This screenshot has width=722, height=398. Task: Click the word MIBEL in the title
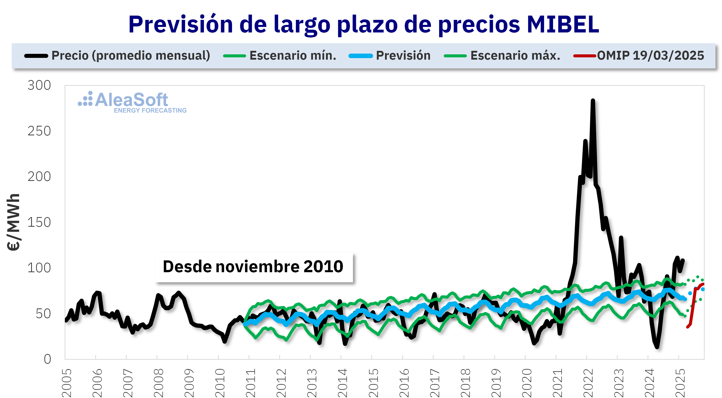(563, 25)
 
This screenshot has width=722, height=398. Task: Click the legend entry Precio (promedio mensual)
(131, 56)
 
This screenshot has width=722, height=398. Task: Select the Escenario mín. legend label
(293, 56)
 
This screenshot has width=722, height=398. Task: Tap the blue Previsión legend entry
(403, 56)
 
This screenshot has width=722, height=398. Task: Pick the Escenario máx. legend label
(515, 56)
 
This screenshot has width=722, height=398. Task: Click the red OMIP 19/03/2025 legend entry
(650, 56)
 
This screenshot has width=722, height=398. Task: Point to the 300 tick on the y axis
(39, 85)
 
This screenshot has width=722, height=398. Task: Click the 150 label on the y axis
(39, 222)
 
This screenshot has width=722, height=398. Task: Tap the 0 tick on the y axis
(47, 359)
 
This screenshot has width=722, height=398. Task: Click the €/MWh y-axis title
(13, 222)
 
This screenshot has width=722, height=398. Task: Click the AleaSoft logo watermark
(123, 100)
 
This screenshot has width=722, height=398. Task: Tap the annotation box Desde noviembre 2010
(253, 267)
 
